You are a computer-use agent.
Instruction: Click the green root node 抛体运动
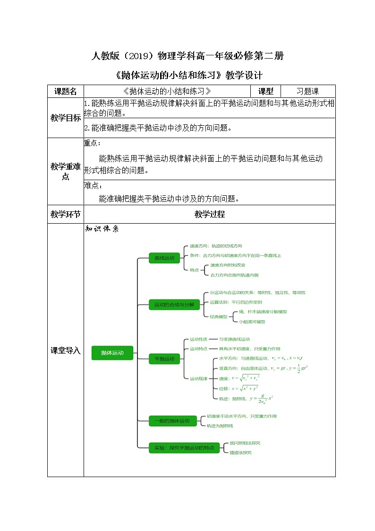point(112,352)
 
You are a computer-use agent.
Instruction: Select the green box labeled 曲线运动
point(164,258)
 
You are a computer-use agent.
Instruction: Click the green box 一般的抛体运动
point(172,421)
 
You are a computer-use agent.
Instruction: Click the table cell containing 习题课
point(307,91)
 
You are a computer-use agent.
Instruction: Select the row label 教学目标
point(66,118)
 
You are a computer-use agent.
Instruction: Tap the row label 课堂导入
point(66,351)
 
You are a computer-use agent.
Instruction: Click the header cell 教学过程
point(209,214)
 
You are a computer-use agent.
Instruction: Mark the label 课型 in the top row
point(265,91)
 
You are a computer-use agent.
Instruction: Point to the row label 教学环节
point(66,214)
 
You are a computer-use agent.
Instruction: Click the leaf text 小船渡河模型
point(252,322)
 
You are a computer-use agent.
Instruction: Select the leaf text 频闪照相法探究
point(245,443)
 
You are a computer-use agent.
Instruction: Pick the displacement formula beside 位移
point(244,388)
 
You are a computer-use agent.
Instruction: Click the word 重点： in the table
point(92,143)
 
